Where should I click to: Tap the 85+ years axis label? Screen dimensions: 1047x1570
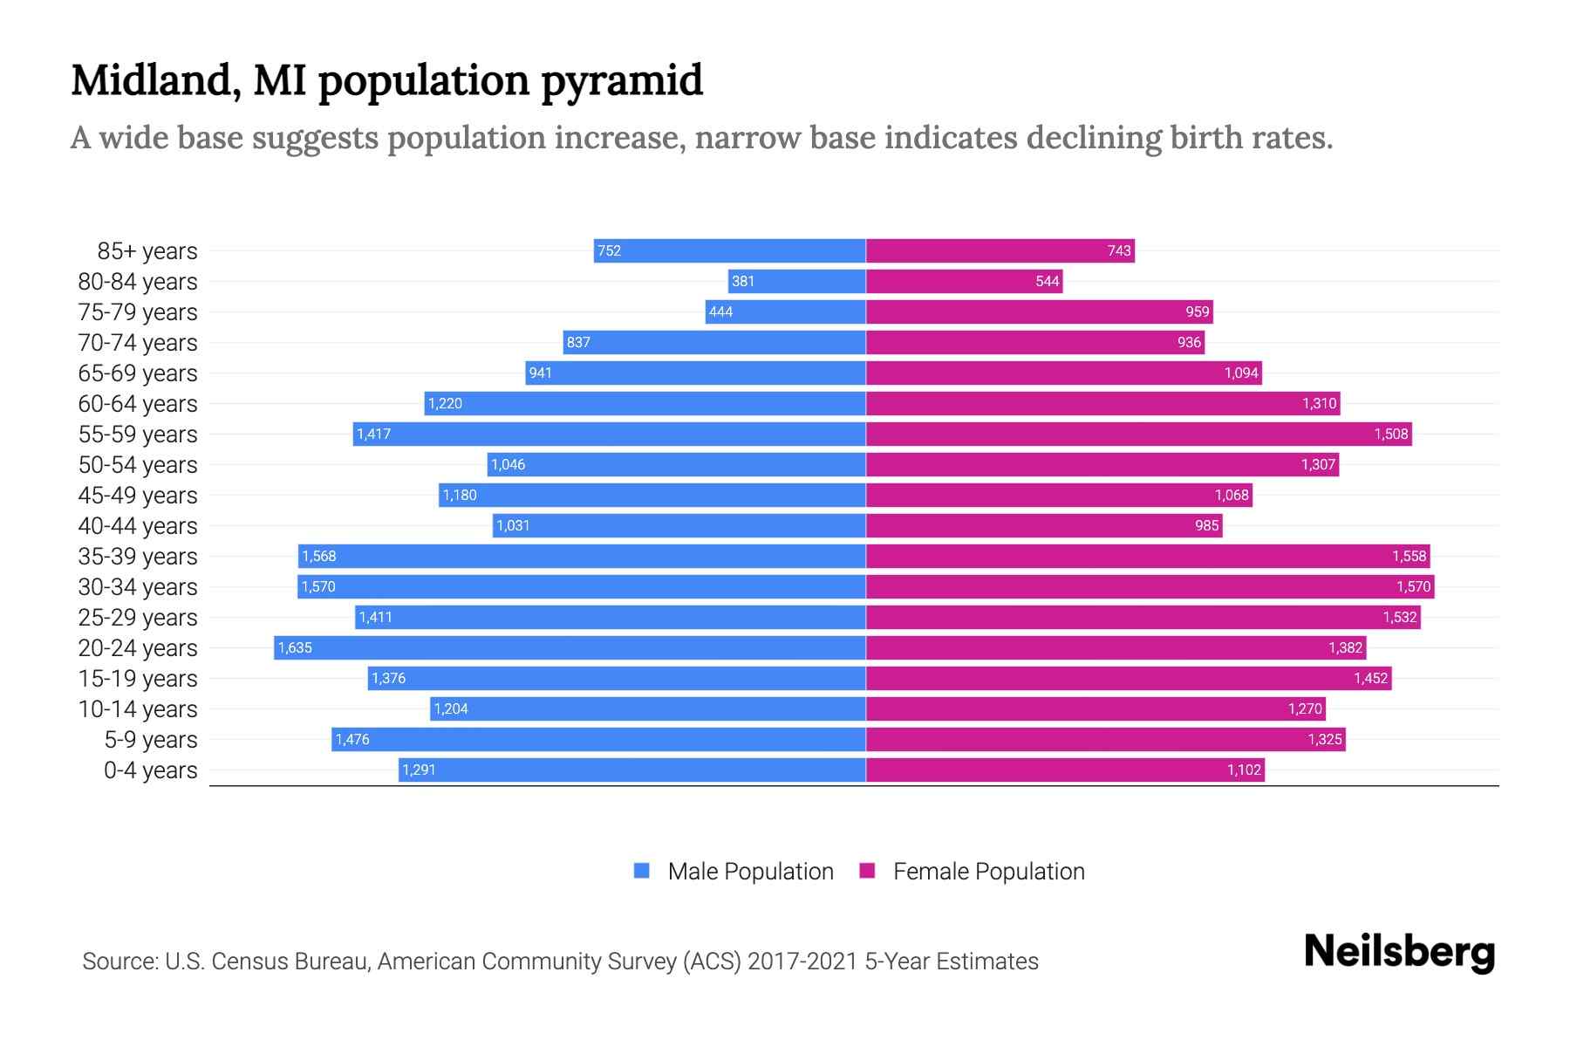(147, 251)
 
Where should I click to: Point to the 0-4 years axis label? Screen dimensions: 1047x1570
(150, 770)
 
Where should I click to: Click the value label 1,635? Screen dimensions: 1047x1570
(295, 647)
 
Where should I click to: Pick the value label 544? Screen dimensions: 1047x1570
(1047, 281)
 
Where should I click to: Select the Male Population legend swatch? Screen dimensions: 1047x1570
(642, 871)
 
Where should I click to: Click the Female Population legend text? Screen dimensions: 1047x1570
(988, 872)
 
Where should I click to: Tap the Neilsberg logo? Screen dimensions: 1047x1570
(1399, 952)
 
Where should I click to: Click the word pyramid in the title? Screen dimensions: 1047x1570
(622, 82)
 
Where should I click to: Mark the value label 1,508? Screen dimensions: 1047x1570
(1390, 434)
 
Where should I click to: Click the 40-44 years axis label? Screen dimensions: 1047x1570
(138, 526)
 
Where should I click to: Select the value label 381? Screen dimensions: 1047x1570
(743, 281)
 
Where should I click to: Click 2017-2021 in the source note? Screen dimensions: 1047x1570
(802, 961)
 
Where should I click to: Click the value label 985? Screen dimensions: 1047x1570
(1206, 525)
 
